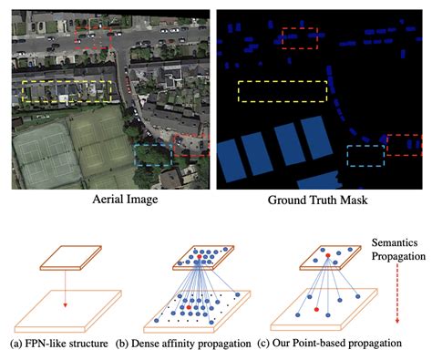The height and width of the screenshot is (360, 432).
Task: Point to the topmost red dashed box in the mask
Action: pyautogui.click(x=300, y=37)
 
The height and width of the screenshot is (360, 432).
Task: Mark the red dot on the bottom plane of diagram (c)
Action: pyautogui.click(x=316, y=309)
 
